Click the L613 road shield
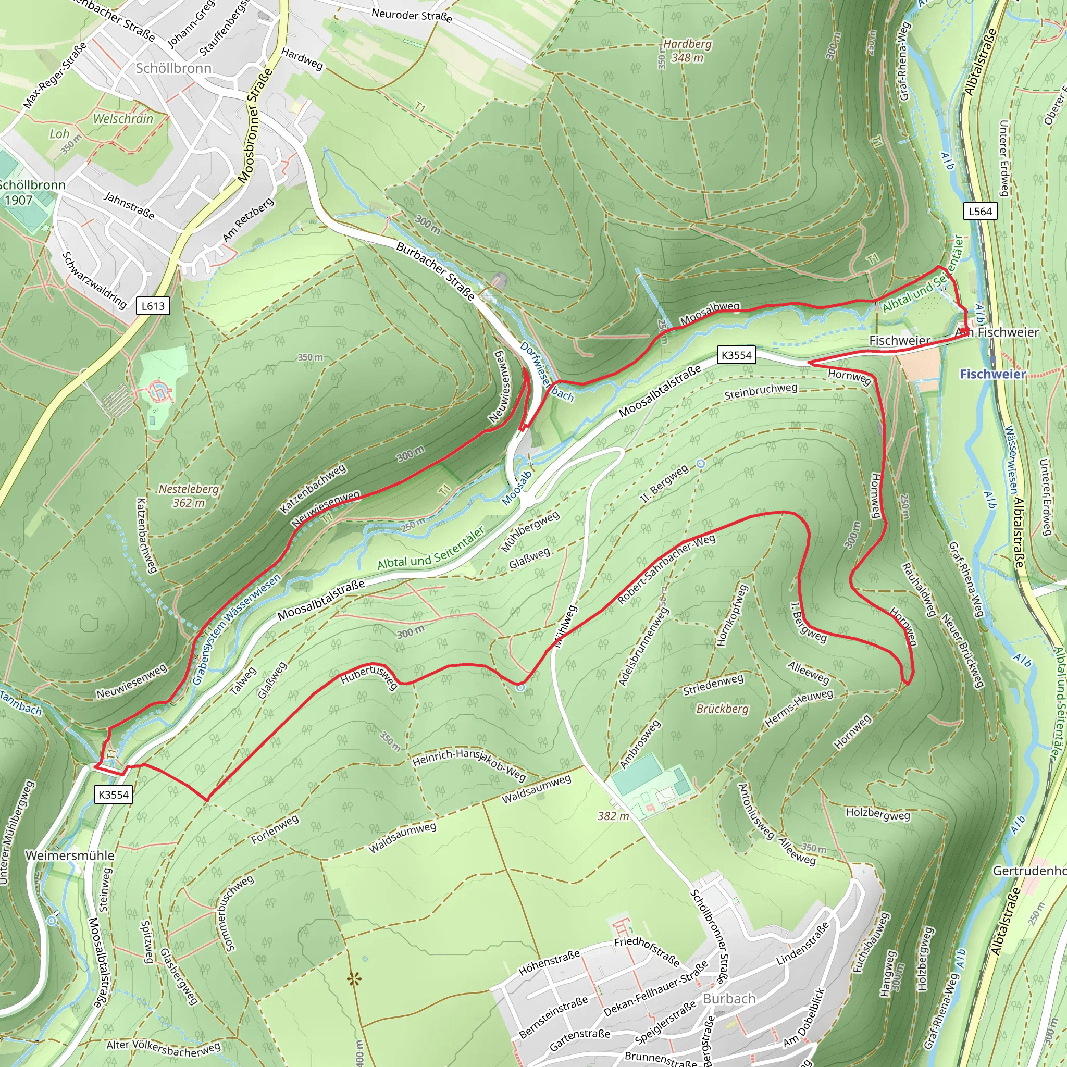(x=153, y=306)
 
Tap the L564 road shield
(x=981, y=211)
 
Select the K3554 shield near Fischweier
(x=736, y=355)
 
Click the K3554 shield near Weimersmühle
(x=114, y=795)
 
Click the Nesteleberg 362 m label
(x=188, y=495)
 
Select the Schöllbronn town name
(x=173, y=68)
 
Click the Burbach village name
(x=729, y=999)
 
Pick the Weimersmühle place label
(x=70, y=855)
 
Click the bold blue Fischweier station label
(x=992, y=375)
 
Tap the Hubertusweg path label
(x=368, y=678)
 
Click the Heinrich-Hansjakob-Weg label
(x=469, y=764)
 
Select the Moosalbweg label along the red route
(x=709, y=313)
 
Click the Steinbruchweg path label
(x=761, y=391)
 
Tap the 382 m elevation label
(x=613, y=816)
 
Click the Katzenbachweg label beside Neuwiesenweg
(x=313, y=488)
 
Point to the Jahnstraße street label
(x=129, y=205)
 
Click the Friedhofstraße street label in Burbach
(x=646, y=950)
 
